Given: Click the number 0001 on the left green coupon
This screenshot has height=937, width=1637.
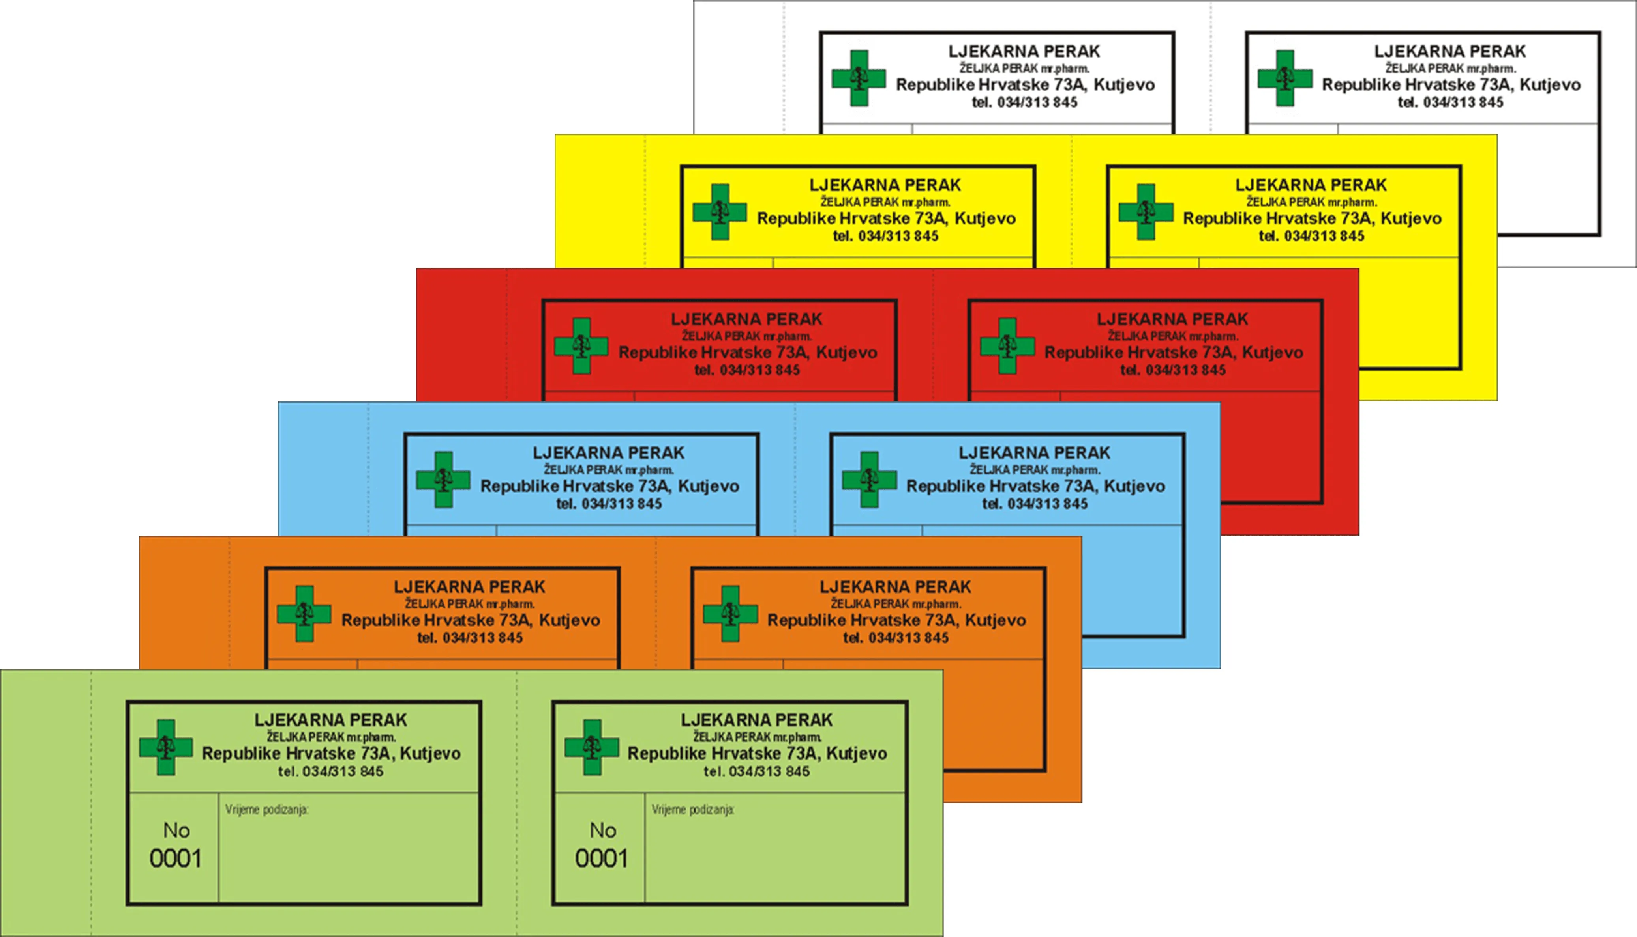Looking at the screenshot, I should coord(176,859).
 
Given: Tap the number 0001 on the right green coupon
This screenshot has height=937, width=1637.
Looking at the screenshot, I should coord(602,859).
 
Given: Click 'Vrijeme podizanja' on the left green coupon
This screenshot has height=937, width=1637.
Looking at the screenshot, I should coord(266,810).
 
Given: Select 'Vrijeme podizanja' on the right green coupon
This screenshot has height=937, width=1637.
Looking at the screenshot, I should coord(692,810).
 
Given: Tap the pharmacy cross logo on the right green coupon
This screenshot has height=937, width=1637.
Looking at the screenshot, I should coord(592,747).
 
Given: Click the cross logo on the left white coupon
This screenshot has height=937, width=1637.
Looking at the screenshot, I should coord(859,78).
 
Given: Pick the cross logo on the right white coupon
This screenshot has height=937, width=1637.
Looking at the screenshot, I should coord(1285,78).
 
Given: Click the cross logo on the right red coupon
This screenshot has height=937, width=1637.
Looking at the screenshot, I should coord(1007,345).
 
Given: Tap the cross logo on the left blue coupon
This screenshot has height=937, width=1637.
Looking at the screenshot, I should coord(443,480).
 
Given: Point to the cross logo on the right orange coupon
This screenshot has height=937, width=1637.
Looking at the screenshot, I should coord(730,613).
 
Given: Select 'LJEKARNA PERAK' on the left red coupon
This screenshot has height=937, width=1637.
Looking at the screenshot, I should coord(746,319).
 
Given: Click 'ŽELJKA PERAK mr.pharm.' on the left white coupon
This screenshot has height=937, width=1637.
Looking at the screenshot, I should coord(1024,68).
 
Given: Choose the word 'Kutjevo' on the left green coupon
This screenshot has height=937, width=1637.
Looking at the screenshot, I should coord(430,754).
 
